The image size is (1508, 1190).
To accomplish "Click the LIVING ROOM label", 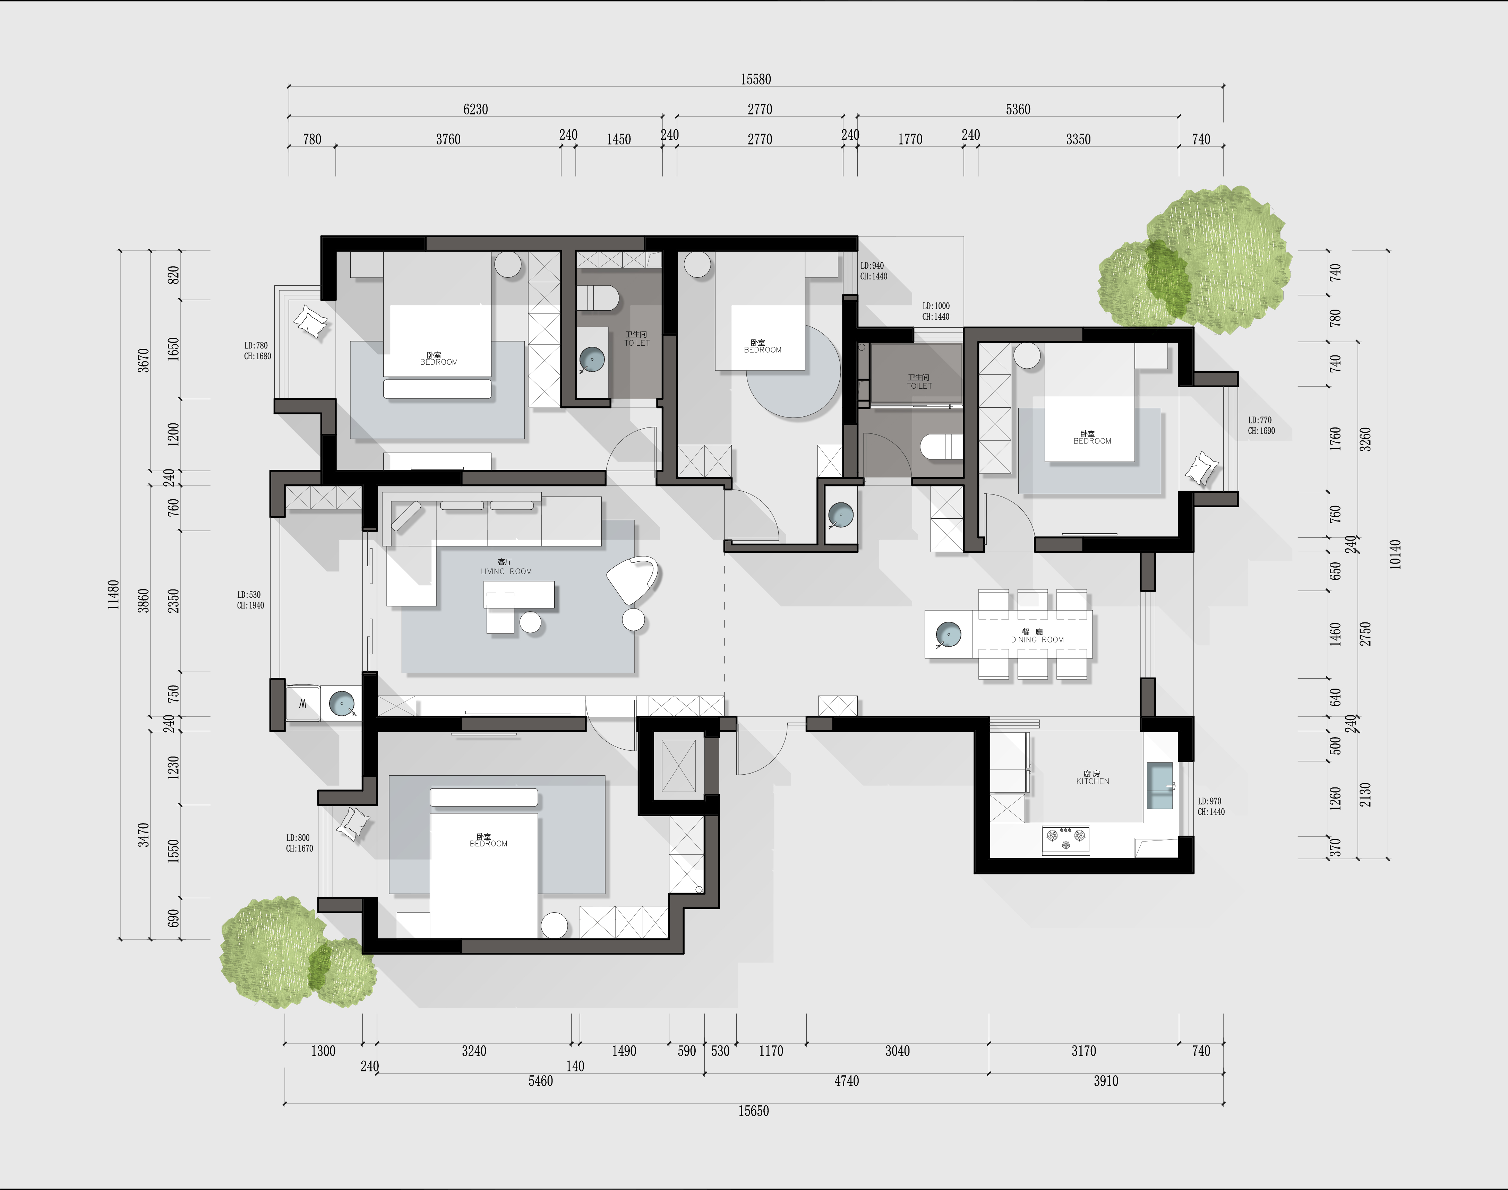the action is click(x=506, y=571).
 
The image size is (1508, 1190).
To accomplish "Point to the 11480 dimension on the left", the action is click(x=114, y=594).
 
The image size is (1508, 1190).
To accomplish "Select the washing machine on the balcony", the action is click(x=303, y=704).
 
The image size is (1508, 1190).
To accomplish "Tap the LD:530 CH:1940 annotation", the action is click(x=250, y=600).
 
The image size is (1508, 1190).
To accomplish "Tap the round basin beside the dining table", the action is click(x=949, y=634).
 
